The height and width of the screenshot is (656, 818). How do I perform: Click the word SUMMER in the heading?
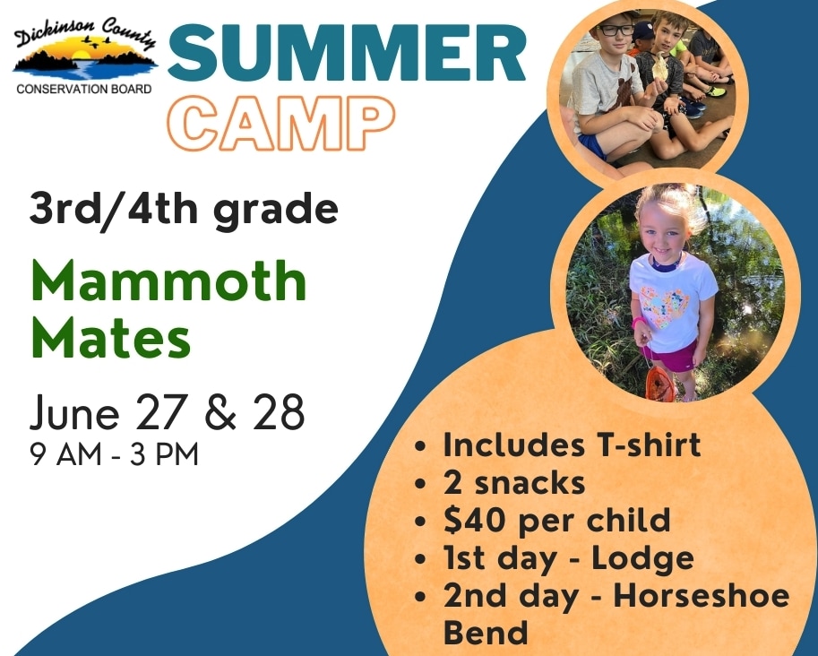[347, 53]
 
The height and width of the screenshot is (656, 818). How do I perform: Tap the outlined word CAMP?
[280, 124]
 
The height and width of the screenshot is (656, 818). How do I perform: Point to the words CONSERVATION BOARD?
[84, 90]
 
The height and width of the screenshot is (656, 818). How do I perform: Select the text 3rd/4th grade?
[184, 209]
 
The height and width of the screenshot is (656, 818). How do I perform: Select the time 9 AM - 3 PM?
[115, 454]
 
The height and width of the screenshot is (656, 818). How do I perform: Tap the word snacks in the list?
[529, 483]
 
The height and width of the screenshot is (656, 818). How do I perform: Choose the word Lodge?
[642, 559]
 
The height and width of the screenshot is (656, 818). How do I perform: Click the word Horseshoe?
[701, 596]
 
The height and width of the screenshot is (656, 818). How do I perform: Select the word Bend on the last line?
[486, 633]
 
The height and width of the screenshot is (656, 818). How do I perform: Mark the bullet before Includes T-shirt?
[419, 446]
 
